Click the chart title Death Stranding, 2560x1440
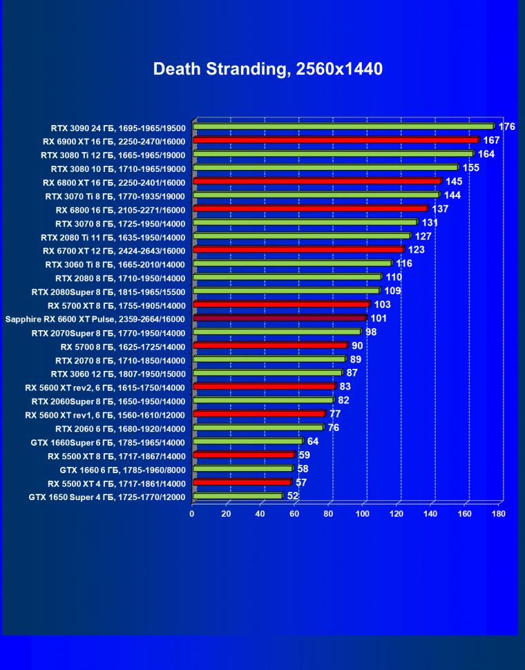coord(267,69)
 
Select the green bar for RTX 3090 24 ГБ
coord(343,126)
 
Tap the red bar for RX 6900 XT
coord(336,140)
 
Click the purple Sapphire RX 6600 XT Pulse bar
coord(280,318)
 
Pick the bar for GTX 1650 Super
coord(238,496)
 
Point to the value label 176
coord(507,126)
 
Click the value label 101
coord(379,318)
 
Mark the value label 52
coord(293,496)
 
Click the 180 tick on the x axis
coord(499,514)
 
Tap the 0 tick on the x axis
coord(192,514)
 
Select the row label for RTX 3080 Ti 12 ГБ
coord(113,155)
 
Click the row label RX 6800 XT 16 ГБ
coord(114,182)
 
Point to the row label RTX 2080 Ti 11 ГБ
coord(113,237)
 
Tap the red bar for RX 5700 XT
coord(281,305)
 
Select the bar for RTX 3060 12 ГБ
coord(267,373)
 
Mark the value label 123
coord(416,250)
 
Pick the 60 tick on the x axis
coord(294,514)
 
